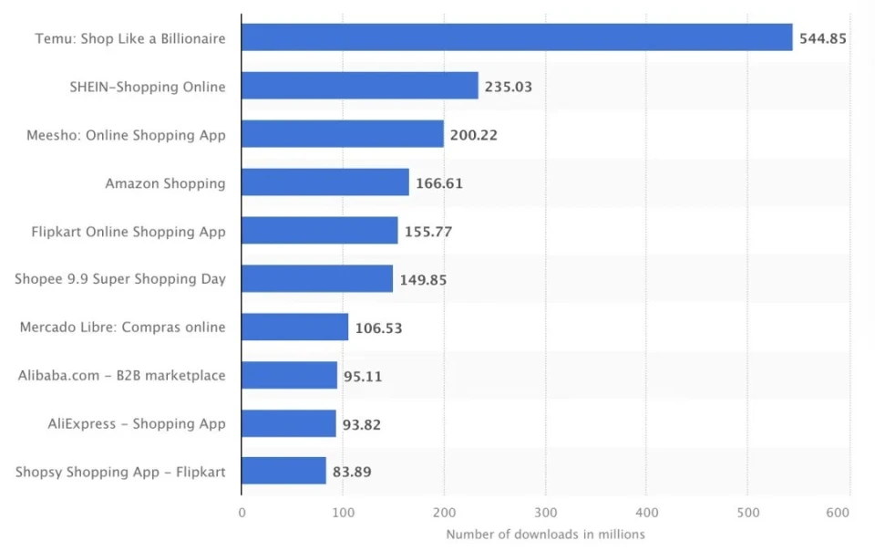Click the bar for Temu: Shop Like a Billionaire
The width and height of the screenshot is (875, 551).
click(x=517, y=37)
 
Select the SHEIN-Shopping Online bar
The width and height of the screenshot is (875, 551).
click(x=360, y=86)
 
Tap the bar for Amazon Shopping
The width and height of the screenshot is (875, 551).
click(x=325, y=182)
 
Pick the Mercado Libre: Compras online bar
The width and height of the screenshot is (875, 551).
click(x=294, y=327)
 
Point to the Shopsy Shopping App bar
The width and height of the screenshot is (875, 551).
click(x=283, y=472)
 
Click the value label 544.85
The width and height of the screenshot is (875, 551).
click(x=823, y=38)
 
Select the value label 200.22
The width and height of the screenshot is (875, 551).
click(x=474, y=135)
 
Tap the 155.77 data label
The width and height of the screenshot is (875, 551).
click(x=428, y=232)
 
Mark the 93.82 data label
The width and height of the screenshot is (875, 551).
click(x=363, y=424)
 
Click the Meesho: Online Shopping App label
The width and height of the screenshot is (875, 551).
click(x=126, y=135)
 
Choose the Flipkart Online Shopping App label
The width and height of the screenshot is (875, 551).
click(x=129, y=232)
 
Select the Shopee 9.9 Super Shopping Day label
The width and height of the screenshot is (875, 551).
click(x=120, y=279)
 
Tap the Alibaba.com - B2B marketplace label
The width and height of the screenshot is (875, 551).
click(x=121, y=375)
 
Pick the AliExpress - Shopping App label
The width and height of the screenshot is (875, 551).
click(x=137, y=423)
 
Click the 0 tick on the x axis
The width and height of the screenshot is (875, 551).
click(x=242, y=513)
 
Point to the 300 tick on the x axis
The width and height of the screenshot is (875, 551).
click(x=545, y=513)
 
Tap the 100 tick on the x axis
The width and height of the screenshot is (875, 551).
click(x=343, y=513)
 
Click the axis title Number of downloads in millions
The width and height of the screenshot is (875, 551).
click(x=545, y=535)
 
